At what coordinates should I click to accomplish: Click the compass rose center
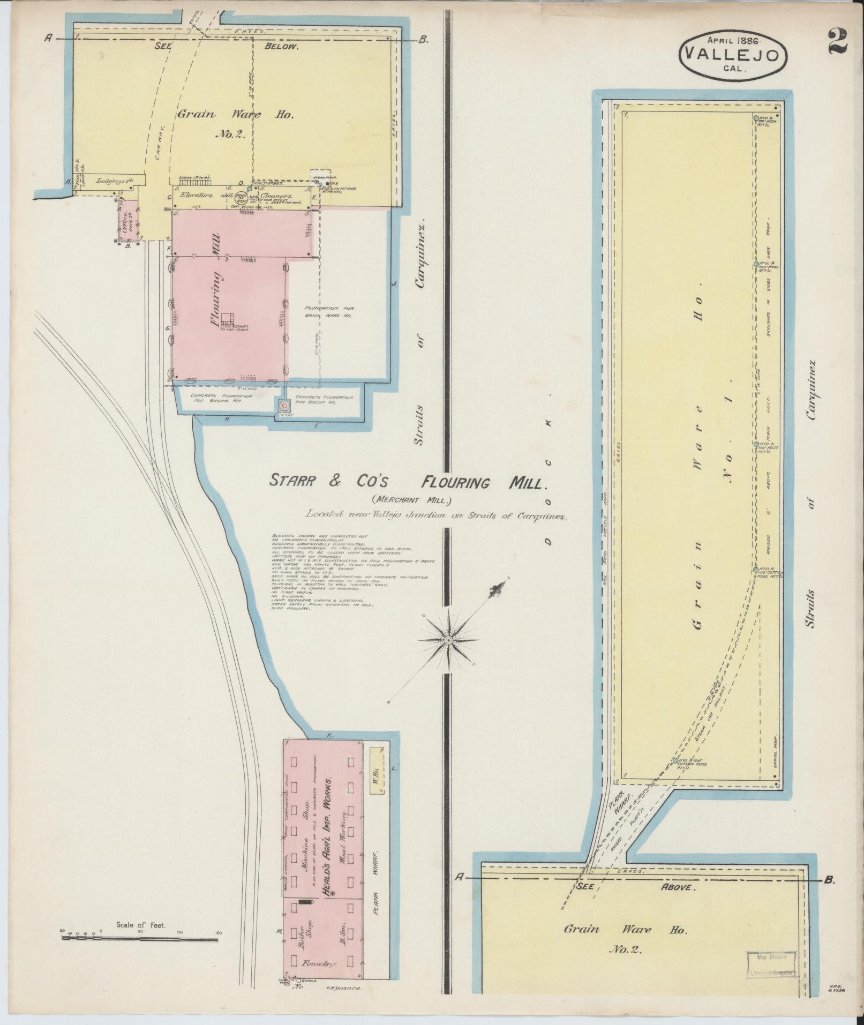click(x=448, y=640)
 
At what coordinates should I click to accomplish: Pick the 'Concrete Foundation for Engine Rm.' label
click(x=210, y=400)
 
